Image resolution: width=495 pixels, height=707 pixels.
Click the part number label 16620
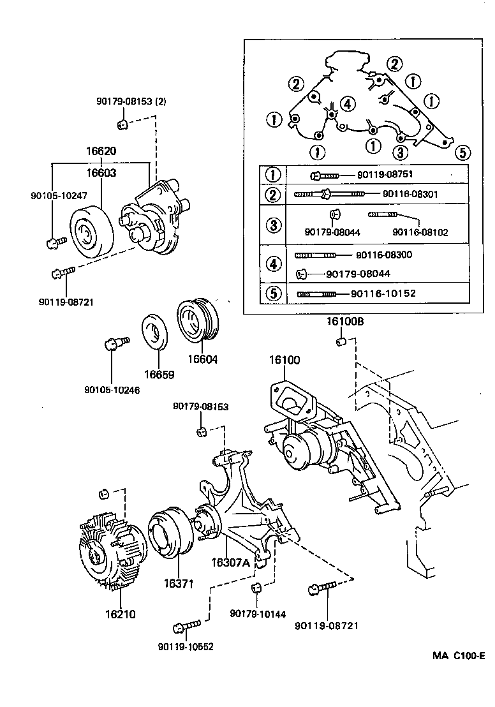point(101,153)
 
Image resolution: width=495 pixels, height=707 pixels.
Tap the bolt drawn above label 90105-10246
point(115,344)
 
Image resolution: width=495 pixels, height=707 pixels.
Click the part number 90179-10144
point(258,614)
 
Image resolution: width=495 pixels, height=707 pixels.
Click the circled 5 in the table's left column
point(272,294)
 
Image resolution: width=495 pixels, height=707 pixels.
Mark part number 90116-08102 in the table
point(420,232)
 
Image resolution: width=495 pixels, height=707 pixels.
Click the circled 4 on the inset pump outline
point(346,103)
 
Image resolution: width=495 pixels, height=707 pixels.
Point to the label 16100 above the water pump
point(284,361)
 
